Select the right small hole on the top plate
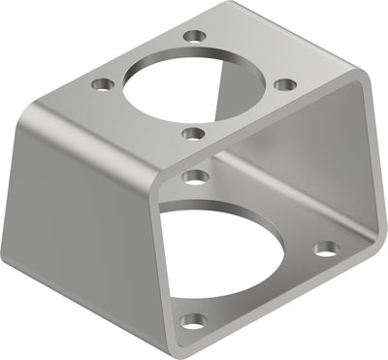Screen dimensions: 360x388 coord(282,84)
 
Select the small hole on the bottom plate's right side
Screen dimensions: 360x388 coord(326,248)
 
